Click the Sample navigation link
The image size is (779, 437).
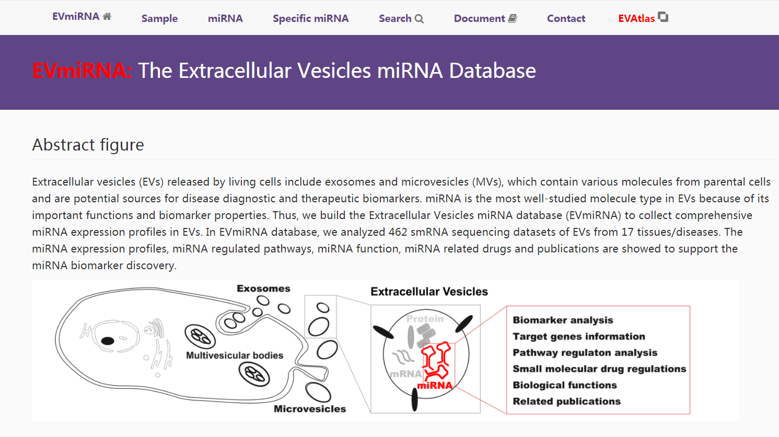[x=159, y=18]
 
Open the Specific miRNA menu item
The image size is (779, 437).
[x=310, y=18]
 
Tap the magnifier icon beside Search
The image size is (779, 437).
[x=420, y=19]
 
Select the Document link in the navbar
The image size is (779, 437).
[x=479, y=18]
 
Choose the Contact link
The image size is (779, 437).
[x=566, y=18]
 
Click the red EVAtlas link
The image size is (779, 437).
[x=636, y=18]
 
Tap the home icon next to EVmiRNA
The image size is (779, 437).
[x=107, y=16]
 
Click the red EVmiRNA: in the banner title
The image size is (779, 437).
[x=82, y=71]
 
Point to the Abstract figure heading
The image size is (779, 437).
[x=88, y=145]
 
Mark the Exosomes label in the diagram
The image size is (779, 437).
[x=263, y=289]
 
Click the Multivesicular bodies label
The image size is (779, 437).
[x=235, y=355]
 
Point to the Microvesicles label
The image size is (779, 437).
[x=310, y=408]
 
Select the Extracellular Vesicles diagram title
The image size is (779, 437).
[x=429, y=292]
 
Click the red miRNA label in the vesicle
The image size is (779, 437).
[x=435, y=385]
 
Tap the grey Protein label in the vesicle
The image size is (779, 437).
[x=425, y=319]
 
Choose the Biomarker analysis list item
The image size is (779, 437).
[x=563, y=320]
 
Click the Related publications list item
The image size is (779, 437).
[x=567, y=401]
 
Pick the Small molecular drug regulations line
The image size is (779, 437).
[x=600, y=369]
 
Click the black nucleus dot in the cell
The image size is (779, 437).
[x=108, y=341]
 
